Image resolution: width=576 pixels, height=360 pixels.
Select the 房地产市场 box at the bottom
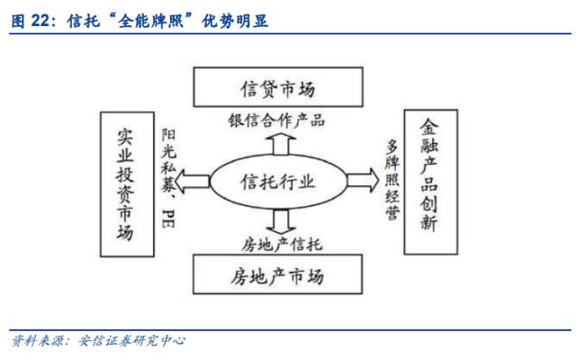276,274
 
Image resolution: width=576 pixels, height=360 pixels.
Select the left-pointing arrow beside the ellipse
192,182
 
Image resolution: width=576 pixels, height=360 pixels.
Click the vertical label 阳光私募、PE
168,176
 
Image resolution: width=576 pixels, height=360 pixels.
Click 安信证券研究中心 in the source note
130,342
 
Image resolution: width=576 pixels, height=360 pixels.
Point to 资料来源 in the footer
33,342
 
